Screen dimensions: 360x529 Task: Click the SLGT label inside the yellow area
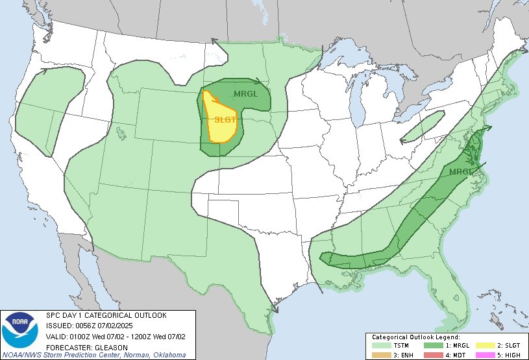[x=225, y=119]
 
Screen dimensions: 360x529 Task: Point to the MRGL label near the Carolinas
[x=461, y=171]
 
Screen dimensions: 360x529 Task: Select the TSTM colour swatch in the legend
[x=394, y=346]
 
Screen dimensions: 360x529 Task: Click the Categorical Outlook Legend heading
[x=415, y=337]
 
